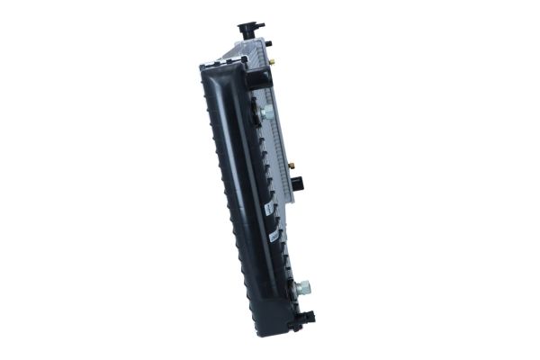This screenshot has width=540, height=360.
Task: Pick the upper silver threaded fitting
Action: pyautogui.click(x=267, y=113)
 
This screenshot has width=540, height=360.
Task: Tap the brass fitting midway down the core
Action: pyautogui.click(x=291, y=166)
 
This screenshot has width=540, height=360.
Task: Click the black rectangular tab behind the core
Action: pyautogui.click(x=298, y=184)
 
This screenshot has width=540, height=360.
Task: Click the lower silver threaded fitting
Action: pyautogui.click(x=303, y=287)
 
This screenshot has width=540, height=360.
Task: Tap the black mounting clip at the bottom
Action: pyautogui.click(x=308, y=317)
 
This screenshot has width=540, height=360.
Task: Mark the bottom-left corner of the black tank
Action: pyautogui.click(x=257, y=332)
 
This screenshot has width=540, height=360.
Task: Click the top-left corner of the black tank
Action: pyautogui.click(x=202, y=66)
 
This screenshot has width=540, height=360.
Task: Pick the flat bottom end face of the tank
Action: pyautogui.click(x=274, y=331)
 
